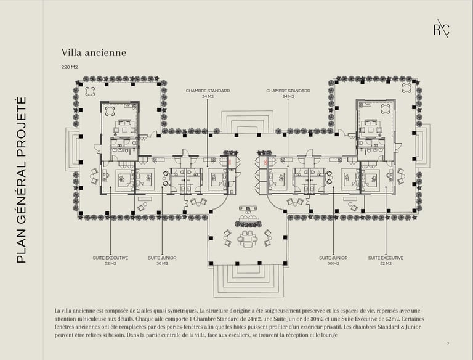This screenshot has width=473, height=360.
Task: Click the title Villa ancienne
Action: click(94, 53)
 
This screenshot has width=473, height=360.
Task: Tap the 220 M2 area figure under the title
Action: click(69, 67)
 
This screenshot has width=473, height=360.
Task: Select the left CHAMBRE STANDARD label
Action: click(208, 93)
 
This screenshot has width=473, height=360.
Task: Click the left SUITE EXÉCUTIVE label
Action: click(111, 260)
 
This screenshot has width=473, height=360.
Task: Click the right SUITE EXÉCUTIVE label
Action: click(386, 260)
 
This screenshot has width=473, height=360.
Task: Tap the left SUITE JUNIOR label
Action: click(162, 260)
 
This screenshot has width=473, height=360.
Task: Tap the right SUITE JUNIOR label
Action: click(333, 260)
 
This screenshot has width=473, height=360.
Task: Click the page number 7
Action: click(448, 343)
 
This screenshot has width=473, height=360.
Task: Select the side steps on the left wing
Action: click(73, 149)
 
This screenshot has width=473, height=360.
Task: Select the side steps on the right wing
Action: click(423, 149)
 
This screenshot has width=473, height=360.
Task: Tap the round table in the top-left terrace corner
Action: click(91, 91)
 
